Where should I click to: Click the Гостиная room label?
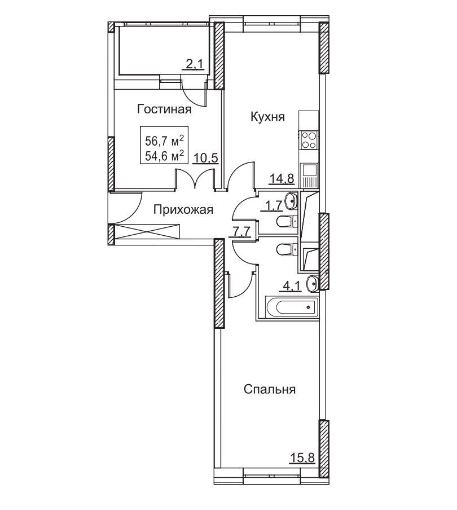(164, 109)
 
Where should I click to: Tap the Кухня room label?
(267, 116)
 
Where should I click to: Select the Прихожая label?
(183, 210)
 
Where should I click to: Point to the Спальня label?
(270, 389)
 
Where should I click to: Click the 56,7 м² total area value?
(165, 141)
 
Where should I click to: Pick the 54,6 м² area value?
(165, 156)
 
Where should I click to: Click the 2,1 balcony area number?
(194, 65)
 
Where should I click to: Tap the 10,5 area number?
(206, 159)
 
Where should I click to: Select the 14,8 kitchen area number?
(282, 178)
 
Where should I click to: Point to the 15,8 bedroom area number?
(302, 458)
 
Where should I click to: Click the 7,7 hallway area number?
(241, 231)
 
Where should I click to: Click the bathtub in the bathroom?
(291, 306)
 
